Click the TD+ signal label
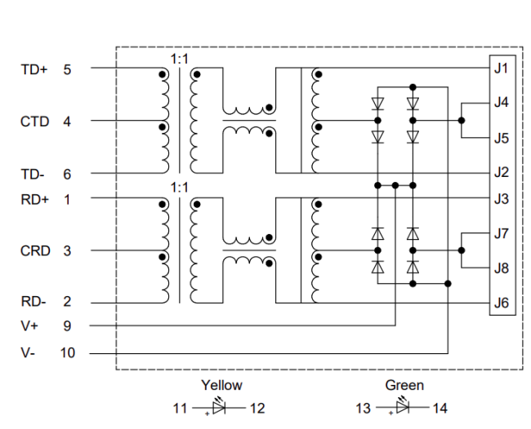pos(34,70)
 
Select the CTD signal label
pos(35,122)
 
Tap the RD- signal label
pos(34,301)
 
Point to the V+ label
pos(29,326)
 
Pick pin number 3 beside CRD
pos(67,250)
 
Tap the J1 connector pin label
pos(502,69)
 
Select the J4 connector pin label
pos(502,103)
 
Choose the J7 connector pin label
pos(502,234)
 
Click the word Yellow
pos(221,385)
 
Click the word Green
pos(404,385)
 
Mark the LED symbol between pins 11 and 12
pos(221,405)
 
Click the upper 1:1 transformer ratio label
pos(179,58)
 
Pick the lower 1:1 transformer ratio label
pos(179,188)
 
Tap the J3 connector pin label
pos(502,198)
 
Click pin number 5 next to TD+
pos(67,70)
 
